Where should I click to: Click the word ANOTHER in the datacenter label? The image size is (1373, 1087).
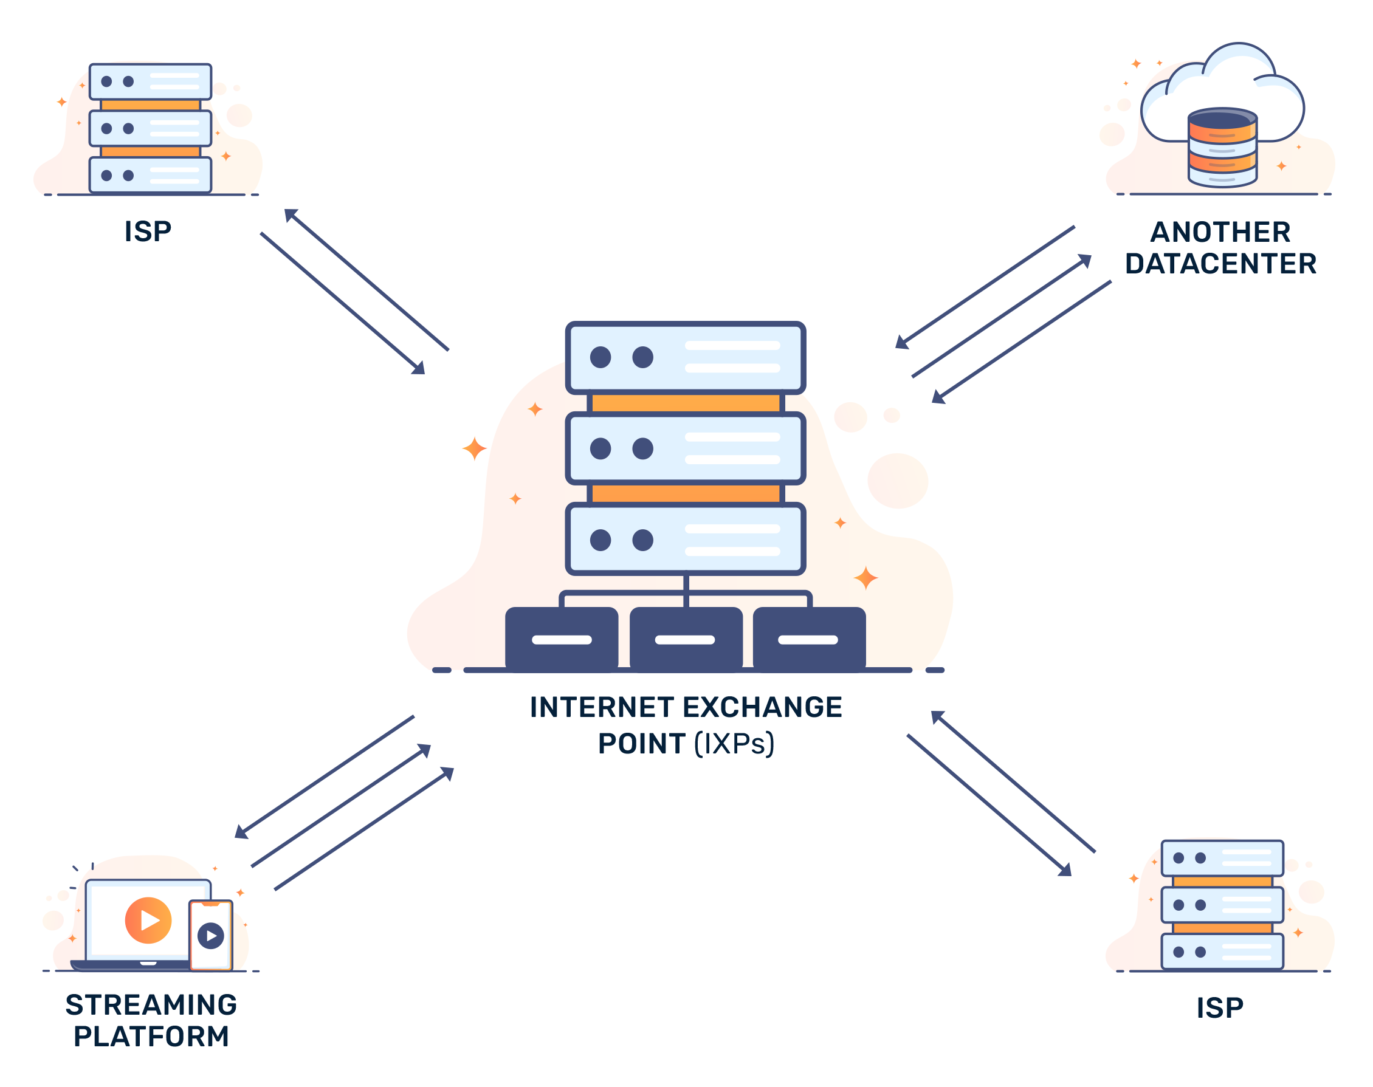tap(1219, 232)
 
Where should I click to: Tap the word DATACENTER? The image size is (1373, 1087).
tap(1220, 264)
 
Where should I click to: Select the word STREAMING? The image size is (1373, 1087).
tap(151, 1005)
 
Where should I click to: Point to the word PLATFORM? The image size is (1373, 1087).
tap(151, 1035)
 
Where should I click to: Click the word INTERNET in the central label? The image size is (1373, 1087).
tap(602, 708)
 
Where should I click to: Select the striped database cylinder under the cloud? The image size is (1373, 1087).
tap(1222, 148)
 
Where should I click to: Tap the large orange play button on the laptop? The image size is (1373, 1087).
tap(148, 920)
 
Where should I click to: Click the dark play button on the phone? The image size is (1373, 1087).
tap(211, 936)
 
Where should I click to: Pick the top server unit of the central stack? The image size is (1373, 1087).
tap(685, 358)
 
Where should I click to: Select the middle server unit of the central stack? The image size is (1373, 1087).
tap(685, 448)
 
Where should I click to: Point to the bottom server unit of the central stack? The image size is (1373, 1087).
tap(685, 540)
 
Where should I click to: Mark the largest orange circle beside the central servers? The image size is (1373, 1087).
tap(897, 481)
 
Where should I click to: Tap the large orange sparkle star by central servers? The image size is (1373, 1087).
tap(473, 448)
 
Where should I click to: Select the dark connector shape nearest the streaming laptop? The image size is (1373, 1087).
tap(344, 802)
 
